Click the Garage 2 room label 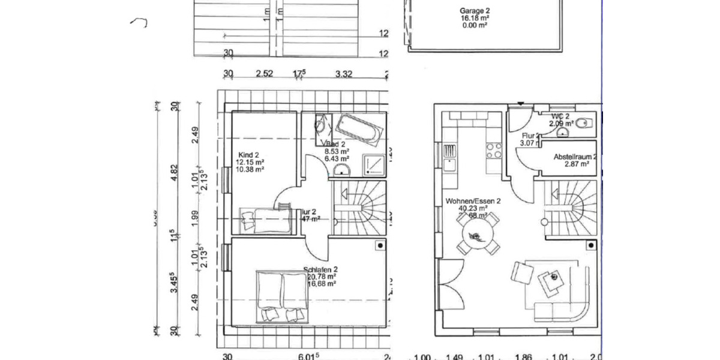coord(475,11)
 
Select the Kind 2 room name coord(248,155)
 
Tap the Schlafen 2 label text coord(320,269)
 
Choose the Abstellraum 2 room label coord(574,157)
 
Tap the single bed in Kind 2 coord(265,219)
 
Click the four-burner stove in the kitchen coord(493,150)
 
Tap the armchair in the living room coord(522,273)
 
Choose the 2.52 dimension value coord(265,74)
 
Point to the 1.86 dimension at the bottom coord(523,357)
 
